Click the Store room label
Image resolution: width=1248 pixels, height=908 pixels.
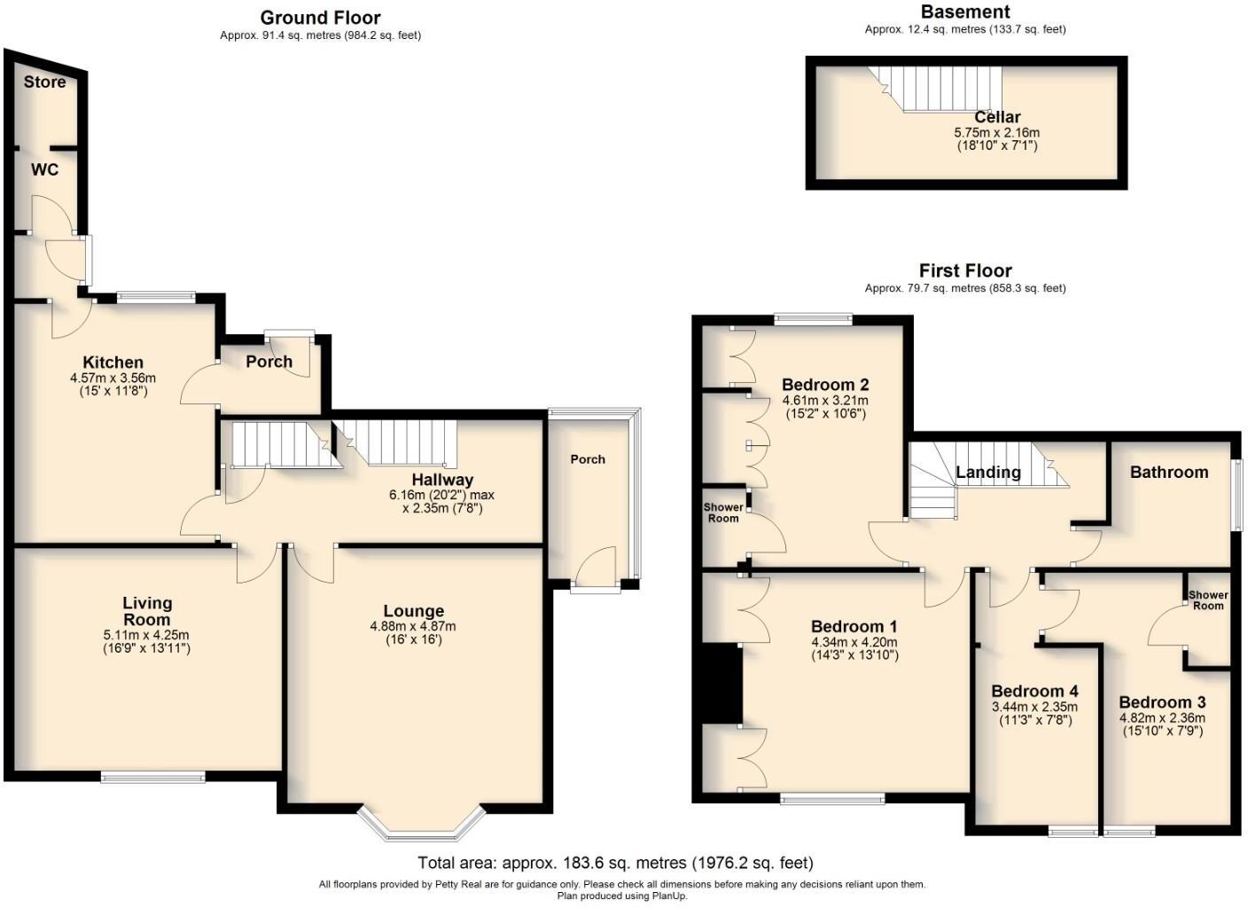click(x=44, y=82)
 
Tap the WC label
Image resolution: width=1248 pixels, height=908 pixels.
click(x=44, y=168)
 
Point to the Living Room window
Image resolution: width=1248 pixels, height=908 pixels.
click(x=153, y=778)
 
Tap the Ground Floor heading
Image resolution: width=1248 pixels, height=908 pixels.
click(x=320, y=18)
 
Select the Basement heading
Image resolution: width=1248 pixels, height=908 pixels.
click(x=964, y=12)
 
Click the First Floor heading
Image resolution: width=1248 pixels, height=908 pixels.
click(x=964, y=271)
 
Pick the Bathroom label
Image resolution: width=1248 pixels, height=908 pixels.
click(x=1168, y=473)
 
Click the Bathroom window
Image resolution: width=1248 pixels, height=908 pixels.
click(x=1237, y=495)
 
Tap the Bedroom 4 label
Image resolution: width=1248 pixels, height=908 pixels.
click(x=1034, y=692)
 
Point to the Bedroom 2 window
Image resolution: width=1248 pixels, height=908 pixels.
click(x=813, y=319)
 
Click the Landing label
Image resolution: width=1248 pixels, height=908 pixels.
click(x=987, y=473)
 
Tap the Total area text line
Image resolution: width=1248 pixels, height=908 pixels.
click(x=615, y=863)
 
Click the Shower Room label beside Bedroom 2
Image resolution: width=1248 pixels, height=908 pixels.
click(x=723, y=513)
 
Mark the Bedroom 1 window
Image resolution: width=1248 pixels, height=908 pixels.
click(x=832, y=799)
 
